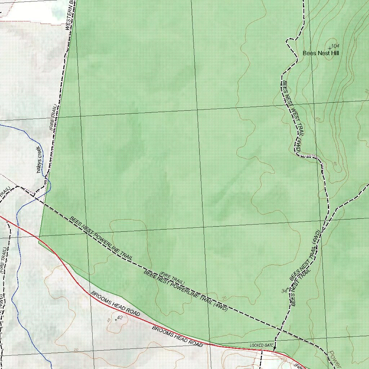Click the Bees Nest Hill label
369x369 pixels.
tap(321, 53)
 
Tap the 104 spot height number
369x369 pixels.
tap(335, 46)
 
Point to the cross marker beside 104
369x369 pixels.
tap(329, 48)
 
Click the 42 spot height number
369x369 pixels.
tap(120, 318)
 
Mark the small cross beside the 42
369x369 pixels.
tap(116, 320)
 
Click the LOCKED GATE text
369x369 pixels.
tap(262, 345)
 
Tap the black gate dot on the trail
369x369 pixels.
tap(275, 348)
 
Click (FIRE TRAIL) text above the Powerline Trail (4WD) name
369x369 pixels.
tap(172, 278)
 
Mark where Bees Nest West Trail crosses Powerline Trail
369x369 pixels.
tap(280, 329)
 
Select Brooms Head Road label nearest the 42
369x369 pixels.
tap(115, 303)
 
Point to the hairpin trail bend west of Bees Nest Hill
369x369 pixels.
tap(288, 40)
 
